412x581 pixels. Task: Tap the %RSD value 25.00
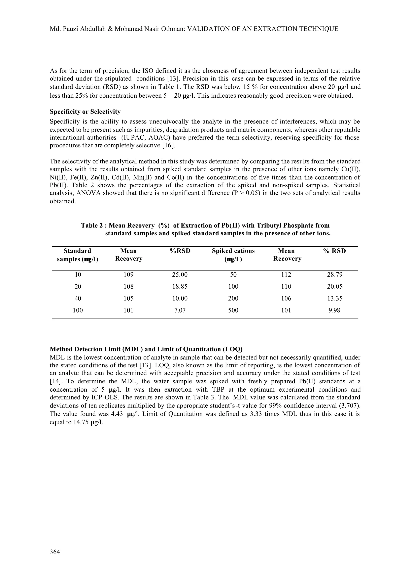180,275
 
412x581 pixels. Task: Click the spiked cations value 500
233,310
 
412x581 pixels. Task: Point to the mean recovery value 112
286,275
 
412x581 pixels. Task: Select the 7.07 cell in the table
180,310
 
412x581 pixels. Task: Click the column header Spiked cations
233,251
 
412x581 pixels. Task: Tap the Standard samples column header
77,255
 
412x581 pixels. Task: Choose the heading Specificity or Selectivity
85,112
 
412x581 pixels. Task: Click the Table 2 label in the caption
92,225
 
